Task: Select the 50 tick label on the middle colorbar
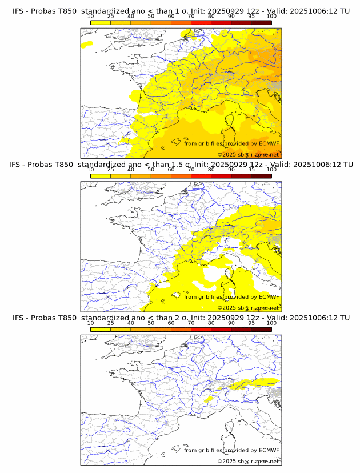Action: (151, 169)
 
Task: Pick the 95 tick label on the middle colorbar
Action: (251, 169)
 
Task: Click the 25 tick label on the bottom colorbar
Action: (110, 323)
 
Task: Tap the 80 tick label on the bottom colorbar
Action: (211, 323)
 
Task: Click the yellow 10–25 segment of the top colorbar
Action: (101, 22)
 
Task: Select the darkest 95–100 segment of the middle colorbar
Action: (261, 176)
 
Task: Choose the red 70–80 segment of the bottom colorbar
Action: (201, 330)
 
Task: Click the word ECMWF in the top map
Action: (269, 143)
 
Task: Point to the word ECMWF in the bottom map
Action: (269, 450)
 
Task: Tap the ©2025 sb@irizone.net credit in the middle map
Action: (249, 308)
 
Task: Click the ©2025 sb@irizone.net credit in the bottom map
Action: (249, 461)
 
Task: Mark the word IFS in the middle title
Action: (18, 165)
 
